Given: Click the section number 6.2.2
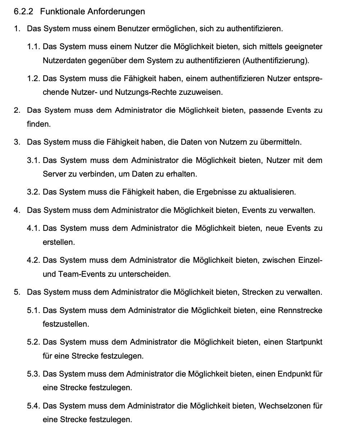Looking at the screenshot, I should coord(23,11).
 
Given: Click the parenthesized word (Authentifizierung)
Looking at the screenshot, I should coord(276,60).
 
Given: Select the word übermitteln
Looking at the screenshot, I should coord(280,142).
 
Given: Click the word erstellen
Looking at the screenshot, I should coord(59,242).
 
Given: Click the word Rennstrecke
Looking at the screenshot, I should coord(300,310).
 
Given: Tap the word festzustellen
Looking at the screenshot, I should coord(66,324).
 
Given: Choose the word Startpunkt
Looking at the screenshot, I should coord(304,342).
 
